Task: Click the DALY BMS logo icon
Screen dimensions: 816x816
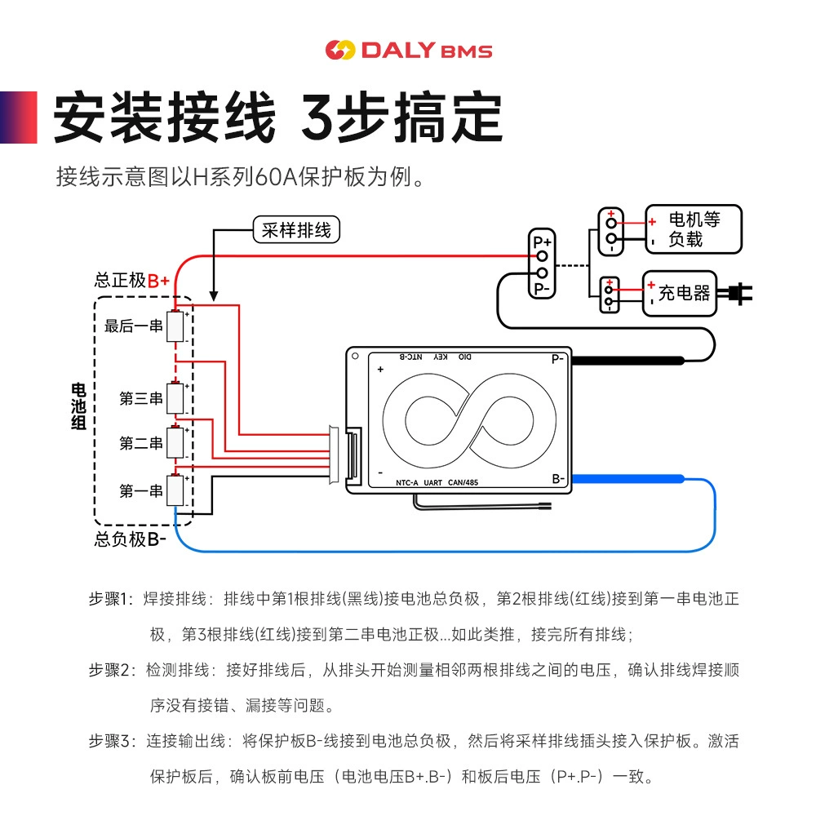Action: [x=339, y=50]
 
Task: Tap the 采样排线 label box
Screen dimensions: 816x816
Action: [x=296, y=229]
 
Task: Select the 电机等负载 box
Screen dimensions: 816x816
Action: [x=694, y=229]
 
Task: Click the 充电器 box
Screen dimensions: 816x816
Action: [x=680, y=293]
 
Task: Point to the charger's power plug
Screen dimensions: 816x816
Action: [x=735, y=294]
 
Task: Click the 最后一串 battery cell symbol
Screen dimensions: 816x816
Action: [x=175, y=326]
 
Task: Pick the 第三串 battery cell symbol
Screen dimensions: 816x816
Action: [x=175, y=398]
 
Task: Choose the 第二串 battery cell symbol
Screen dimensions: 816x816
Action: [x=175, y=443]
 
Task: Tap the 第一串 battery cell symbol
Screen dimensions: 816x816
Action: [x=175, y=490]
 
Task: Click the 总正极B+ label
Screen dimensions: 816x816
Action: [x=132, y=281]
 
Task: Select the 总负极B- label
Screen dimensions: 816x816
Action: [x=130, y=539]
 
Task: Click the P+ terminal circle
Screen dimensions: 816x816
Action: [x=543, y=256]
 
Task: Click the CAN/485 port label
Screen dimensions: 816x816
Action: [x=463, y=482]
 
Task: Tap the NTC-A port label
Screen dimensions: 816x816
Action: [x=407, y=482]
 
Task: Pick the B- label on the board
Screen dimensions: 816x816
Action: [x=558, y=479]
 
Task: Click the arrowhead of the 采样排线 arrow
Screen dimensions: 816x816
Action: [x=213, y=296]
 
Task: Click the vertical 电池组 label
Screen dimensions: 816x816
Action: [x=78, y=406]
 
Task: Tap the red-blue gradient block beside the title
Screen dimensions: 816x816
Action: [x=18, y=117]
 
